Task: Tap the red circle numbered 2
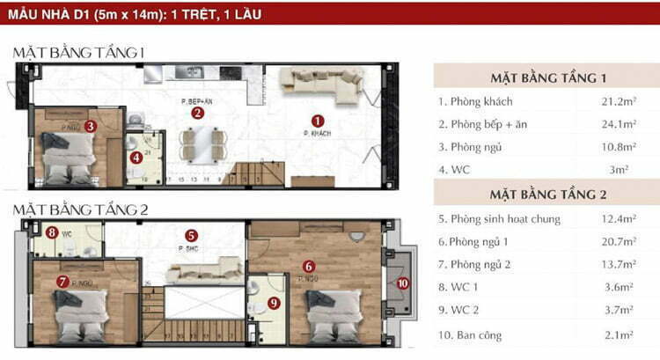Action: [x=198, y=112]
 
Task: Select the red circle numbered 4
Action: [x=136, y=158]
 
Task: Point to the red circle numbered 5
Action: [x=191, y=236]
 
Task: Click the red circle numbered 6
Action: [x=308, y=266]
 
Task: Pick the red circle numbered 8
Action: [x=53, y=233]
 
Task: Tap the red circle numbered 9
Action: [x=273, y=303]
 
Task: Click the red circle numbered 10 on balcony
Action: [x=402, y=283]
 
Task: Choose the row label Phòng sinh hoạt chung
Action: [x=498, y=218]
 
